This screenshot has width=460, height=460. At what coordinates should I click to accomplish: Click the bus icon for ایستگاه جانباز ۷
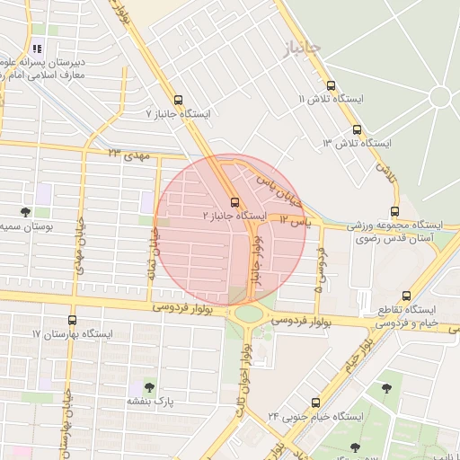[178, 100]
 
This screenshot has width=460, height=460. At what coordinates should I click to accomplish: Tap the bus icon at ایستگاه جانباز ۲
[234, 202]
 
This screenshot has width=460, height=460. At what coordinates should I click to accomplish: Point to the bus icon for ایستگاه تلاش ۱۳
[358, 128]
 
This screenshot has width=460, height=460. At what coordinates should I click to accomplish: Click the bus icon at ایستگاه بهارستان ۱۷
[73, 320]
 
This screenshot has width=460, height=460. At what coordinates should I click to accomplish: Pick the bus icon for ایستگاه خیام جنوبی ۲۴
[314, 402]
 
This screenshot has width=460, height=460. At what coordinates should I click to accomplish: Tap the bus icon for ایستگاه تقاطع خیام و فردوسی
[407, 295]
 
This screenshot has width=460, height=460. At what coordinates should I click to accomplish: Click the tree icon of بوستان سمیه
[24, 212]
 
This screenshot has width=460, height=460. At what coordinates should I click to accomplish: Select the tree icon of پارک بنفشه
[136, 386]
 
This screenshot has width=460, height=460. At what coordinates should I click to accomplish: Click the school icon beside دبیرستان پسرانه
[36, 49]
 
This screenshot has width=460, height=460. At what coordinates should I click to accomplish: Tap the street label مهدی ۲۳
[127, 155]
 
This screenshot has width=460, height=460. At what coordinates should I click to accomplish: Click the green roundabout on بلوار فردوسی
[249, 314]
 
